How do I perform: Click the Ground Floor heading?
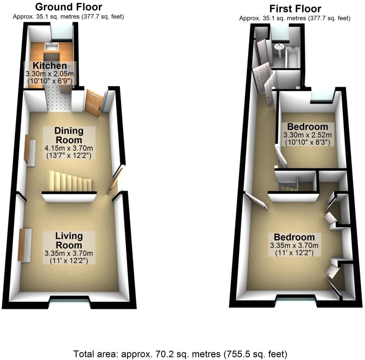(x=68, y=7)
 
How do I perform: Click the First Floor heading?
(x=295, y=9)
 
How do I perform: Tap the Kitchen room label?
(x=50, y=66)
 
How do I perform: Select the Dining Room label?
(x=69, y=135)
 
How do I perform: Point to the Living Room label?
(x=69, y=241)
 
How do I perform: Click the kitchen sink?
(x=50, y=46)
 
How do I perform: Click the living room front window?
(x=69, y=299)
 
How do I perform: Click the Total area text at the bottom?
(x=180, y=353)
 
